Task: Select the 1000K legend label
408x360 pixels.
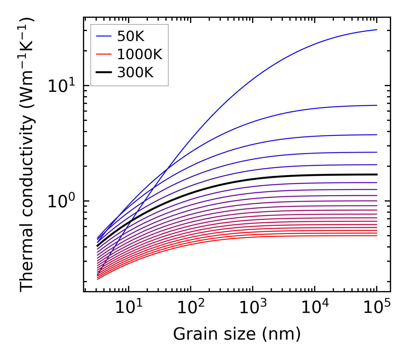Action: pos(140,54)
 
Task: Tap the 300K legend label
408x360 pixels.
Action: pos(135,73)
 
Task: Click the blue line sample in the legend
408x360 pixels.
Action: pos(103,36)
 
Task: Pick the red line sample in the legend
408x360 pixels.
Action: pos(103,54)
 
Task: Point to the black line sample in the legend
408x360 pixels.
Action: pos(103,73)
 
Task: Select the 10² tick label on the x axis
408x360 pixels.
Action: pos(191,308)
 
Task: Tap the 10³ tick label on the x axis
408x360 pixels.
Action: pos(253,308)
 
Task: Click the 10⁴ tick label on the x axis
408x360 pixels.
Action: pos(315,308)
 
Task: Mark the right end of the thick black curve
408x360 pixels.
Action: pos(377,175)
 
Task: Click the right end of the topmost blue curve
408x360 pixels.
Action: pos(377,30)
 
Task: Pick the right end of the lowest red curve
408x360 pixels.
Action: pos(377,236)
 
